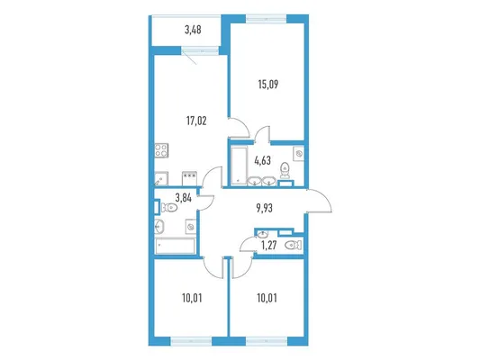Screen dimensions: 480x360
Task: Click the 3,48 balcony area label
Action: click(193, 30)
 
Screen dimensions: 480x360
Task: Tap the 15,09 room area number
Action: click(268, 84)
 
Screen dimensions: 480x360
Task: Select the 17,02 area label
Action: click(196, 121)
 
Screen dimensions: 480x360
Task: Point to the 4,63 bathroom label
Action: click(263, 160)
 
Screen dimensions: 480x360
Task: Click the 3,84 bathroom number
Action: click(184, 198)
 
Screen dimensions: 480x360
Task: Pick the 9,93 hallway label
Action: click(264, 208)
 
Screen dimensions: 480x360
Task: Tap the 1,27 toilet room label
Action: click(269, 246)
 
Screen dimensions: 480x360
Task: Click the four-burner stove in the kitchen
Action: click(161, 150)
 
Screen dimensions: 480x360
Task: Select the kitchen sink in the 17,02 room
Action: click(161, 178)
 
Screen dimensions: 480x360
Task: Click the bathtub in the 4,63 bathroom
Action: click(239, 166)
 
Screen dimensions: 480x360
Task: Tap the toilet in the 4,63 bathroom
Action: click(285, 170)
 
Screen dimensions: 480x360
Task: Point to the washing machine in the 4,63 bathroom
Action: click(298, 153)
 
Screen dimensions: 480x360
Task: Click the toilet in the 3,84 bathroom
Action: click(169, 208)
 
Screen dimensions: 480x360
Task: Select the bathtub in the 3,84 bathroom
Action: click(175, 246)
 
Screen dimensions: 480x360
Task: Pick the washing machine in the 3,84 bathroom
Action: click(190, 227)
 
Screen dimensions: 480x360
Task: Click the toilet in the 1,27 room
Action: click(294, 245)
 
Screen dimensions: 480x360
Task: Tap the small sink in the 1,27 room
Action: click(262, 235)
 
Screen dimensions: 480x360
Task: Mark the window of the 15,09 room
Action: click(266, 19)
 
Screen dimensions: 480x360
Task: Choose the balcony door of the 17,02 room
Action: click(200, 50)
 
